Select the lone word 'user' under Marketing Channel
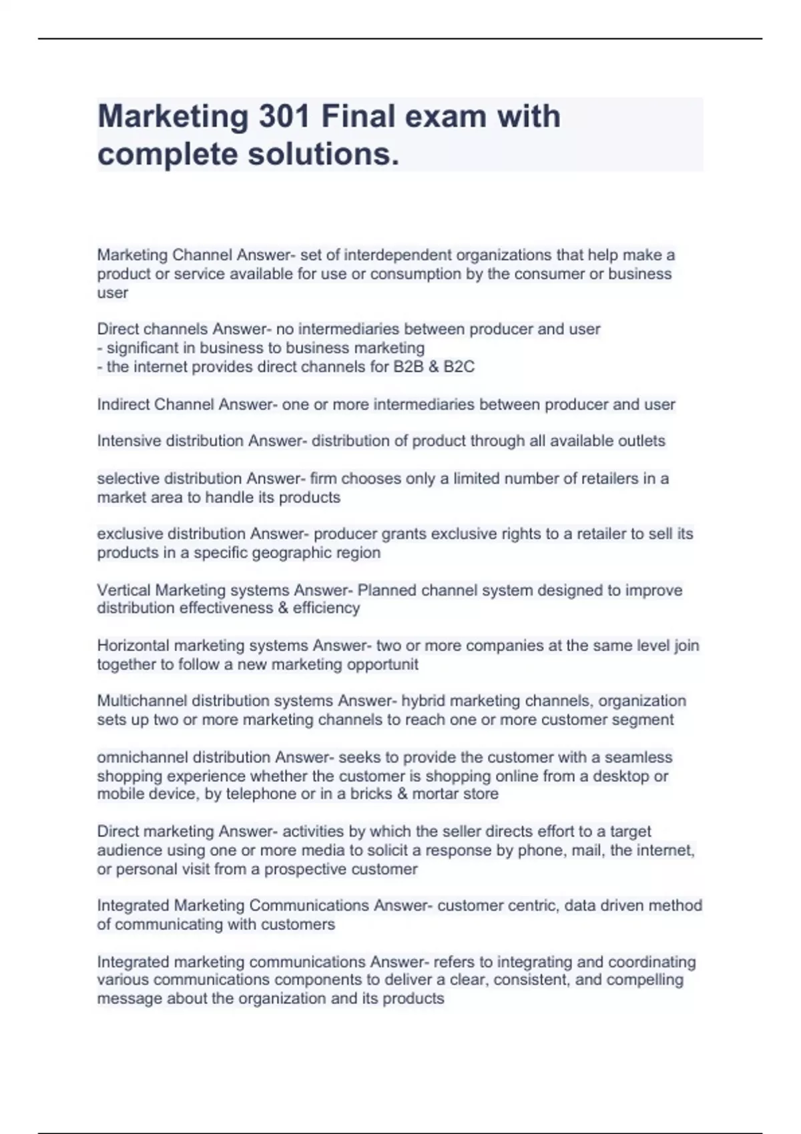coord(112,293)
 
